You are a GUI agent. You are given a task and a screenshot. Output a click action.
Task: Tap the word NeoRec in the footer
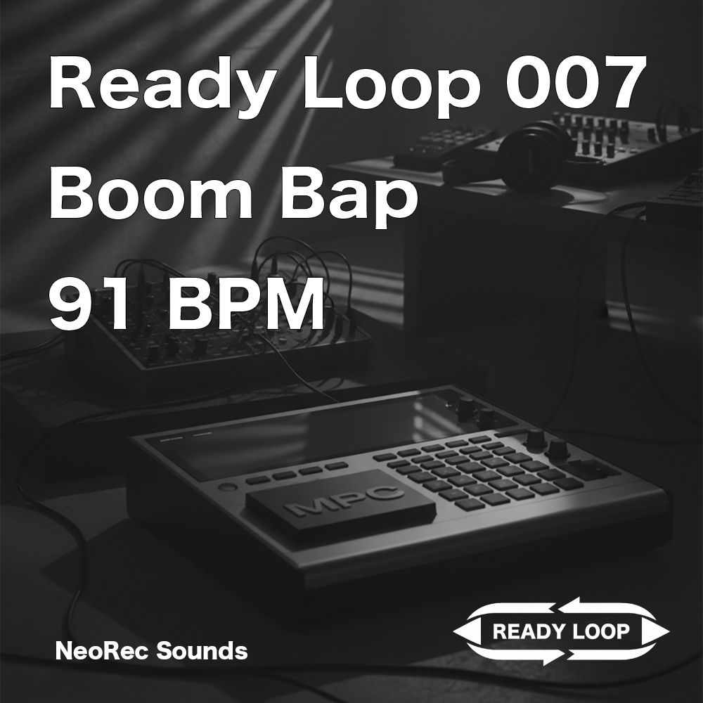(102, 651)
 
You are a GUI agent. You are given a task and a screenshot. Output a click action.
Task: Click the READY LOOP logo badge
(560, 631)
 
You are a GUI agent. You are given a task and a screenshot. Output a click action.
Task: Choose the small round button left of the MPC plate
(225, 486)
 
